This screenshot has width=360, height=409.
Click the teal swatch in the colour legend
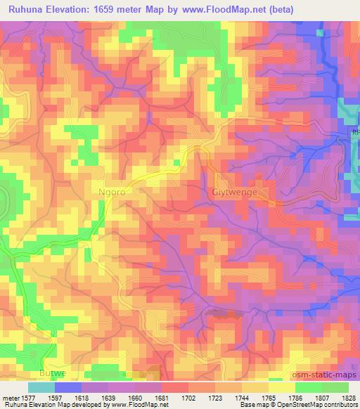click(x=41, y=387)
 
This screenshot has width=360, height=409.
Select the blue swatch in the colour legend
click(x=68, y=387)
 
